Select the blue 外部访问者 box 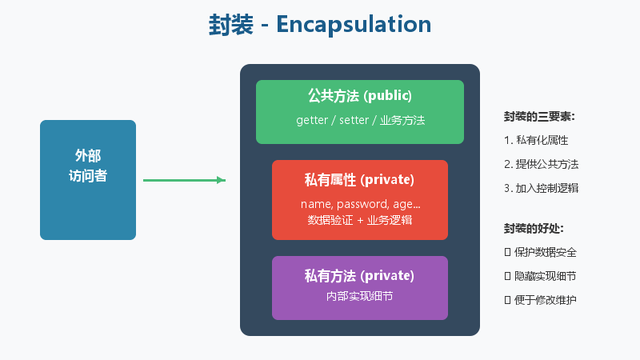click(88, 180)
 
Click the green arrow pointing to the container click(184, 180)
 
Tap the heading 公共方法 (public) click(359, 97)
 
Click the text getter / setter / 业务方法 click(359, 121)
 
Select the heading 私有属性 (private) click(359, 180)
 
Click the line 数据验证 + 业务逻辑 click(359, 219)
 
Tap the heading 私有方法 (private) click(359, 275)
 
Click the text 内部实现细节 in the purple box click(359, 297)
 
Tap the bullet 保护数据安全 click(543, 252)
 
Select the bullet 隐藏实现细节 click(543, 276)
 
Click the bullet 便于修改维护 click(543, 300)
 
